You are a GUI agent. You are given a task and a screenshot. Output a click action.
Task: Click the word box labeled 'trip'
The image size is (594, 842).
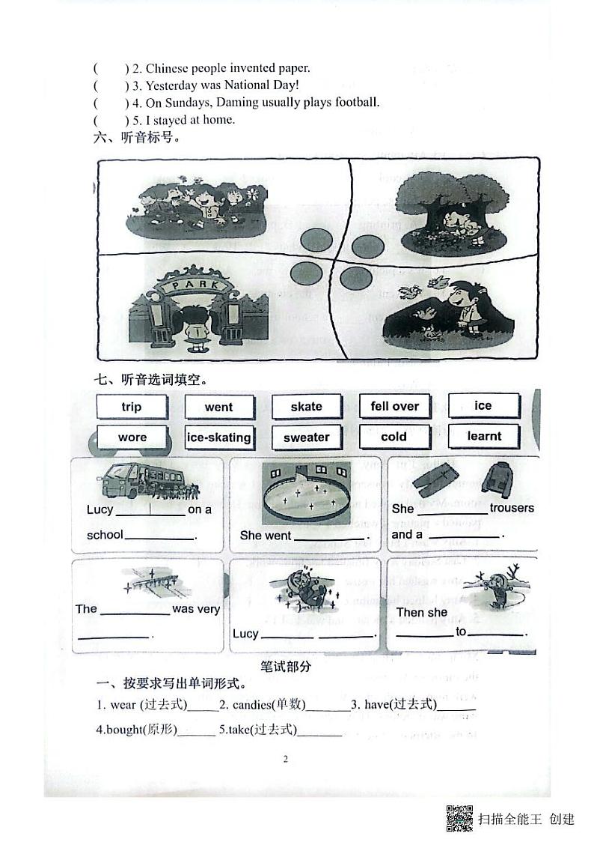coord(131,407)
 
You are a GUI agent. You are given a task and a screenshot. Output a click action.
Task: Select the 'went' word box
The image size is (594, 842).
coord(218,407)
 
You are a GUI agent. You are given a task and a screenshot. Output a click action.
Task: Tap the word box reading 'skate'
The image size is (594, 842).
coord(306,407)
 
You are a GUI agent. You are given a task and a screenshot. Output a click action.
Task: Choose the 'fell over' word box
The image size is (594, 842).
coord(394,406)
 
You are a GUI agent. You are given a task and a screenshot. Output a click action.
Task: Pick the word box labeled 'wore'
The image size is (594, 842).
coord(132,437)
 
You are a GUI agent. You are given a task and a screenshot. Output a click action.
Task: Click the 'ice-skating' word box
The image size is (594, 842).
coord(218,437)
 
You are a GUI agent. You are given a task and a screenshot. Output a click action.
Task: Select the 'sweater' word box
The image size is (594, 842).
coord(306,437)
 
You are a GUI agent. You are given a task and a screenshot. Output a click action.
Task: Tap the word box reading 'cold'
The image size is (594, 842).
coord(394,437)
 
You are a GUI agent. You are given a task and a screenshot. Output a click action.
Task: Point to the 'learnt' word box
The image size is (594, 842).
coord(484,436)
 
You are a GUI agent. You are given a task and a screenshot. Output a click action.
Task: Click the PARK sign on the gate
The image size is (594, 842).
coord(195,285)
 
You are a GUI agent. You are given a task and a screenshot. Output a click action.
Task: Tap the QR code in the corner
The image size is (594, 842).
coord(459,818)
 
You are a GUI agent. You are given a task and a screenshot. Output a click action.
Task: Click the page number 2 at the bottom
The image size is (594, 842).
coord(285,758)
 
